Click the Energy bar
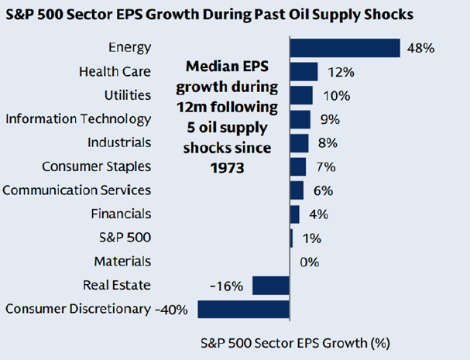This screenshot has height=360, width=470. click(x=345, y=48)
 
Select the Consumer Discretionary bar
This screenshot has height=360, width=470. click(x=243, y=309)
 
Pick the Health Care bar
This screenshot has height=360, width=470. click(x=304, y=72)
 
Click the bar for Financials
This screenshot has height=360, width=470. click(x=294, y=214)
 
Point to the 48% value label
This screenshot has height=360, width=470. click(x=420, y=48)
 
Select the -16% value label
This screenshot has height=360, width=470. click(x=226, y=286)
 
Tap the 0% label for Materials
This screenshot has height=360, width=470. click(x=310, y=262)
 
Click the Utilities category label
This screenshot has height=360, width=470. click(x=127, y=95)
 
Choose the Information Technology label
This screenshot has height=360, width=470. click(x=78, y=119)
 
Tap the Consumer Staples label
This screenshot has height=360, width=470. click(x=96, y=166)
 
